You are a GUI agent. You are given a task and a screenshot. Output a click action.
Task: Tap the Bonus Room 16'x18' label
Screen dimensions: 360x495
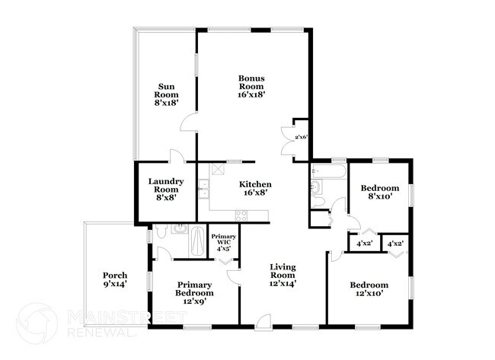(x=251, y=87)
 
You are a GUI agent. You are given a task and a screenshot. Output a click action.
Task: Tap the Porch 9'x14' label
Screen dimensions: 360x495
(x=114, y=279)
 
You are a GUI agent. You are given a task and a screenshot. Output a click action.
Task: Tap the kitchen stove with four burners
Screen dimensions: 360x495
(x=243, y=215)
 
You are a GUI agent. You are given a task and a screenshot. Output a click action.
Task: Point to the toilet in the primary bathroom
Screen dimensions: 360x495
(x=161, y=232)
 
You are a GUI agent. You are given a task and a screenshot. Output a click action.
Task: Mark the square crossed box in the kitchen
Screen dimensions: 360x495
(x=218, y=169)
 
